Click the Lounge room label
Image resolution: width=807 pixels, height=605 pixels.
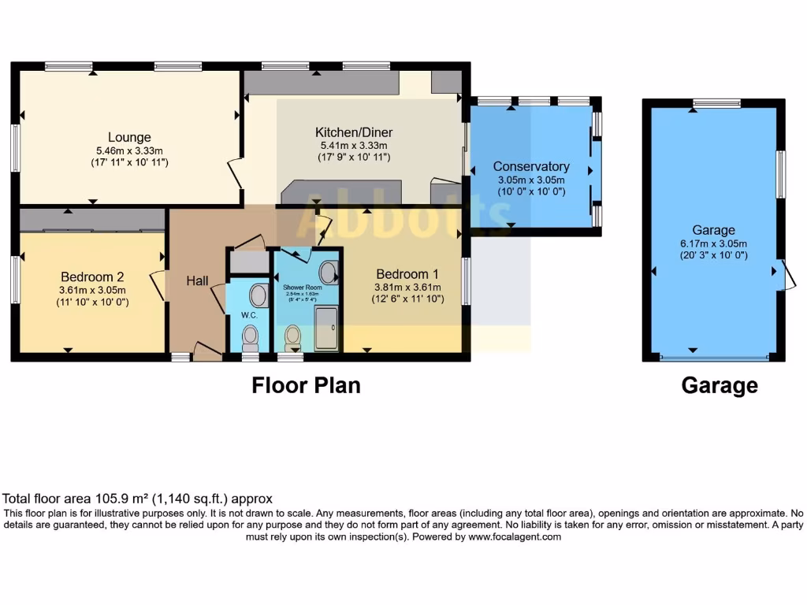(129, 137)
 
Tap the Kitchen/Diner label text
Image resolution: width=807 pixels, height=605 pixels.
(354, 132)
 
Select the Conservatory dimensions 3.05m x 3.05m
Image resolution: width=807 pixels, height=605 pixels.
(530, 180)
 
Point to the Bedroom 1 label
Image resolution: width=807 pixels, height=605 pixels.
(407, 274)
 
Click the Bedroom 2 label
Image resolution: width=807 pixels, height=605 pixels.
(92, 277)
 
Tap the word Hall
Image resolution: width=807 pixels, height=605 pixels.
(197, 280)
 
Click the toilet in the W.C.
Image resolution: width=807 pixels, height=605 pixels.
(251, 338)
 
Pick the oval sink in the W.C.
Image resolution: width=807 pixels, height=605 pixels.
(258, 295)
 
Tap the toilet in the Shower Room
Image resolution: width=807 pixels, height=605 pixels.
(292, 337)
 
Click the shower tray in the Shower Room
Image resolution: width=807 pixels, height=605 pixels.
(327, 328)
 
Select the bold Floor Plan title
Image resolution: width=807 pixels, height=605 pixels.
(306, 385)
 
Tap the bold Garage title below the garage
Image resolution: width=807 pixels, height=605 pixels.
(720, 386)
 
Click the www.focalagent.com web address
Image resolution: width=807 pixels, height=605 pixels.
(515, 536)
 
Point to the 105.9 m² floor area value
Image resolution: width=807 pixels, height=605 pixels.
(111, 499)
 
